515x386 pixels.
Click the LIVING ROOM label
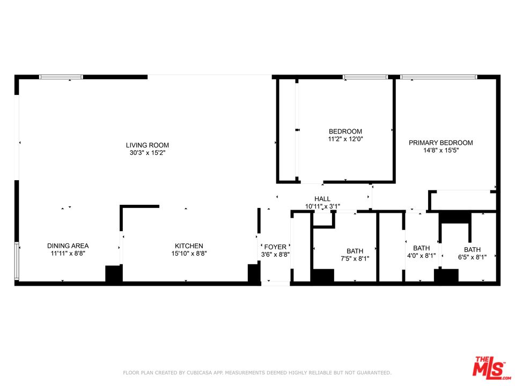148,145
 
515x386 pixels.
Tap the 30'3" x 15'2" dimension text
148,153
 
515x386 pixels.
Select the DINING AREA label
68,246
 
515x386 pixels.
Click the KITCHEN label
188,246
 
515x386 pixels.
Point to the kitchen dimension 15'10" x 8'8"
188,254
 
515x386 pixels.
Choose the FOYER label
275,247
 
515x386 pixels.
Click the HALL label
322,199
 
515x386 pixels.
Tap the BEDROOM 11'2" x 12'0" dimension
345,139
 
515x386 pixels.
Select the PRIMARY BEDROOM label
441,143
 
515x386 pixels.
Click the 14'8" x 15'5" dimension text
441,151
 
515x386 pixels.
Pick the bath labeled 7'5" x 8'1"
355,251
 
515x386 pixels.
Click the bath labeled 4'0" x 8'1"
421,248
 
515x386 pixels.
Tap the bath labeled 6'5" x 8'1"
472,250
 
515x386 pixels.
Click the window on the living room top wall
62,77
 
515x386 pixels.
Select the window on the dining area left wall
17,262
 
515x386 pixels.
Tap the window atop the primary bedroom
438,77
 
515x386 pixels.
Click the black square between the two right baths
446,276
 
